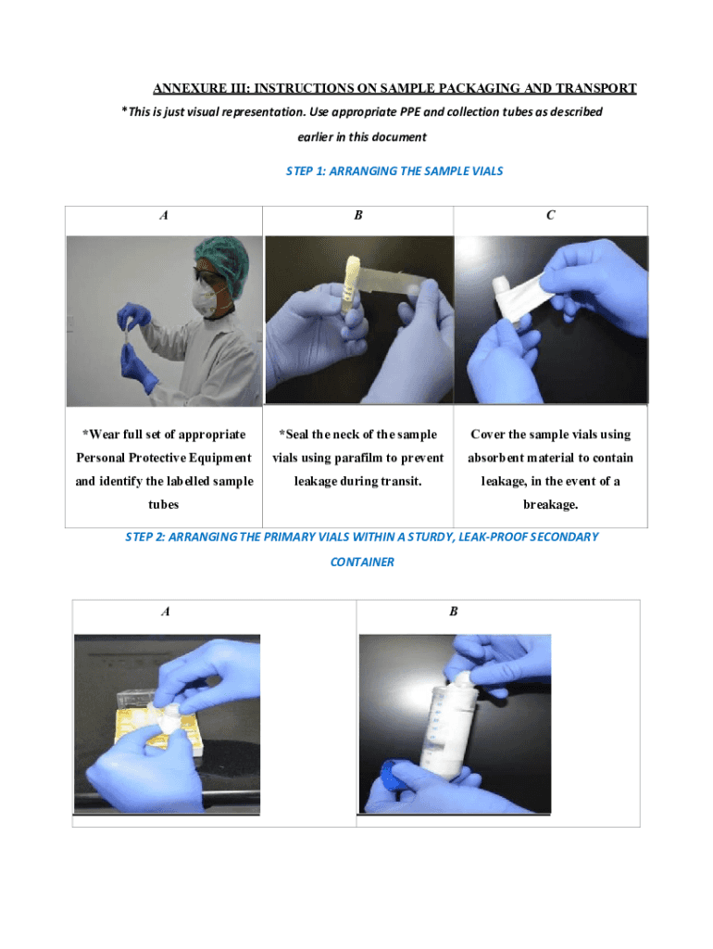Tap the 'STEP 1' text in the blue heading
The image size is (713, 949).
306,171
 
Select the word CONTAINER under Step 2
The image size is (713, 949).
362,563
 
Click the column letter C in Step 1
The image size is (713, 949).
550,215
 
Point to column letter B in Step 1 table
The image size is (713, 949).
358,215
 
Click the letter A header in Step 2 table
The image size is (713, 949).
165,612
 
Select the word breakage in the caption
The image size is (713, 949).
550,505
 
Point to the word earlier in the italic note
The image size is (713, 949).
315,137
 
